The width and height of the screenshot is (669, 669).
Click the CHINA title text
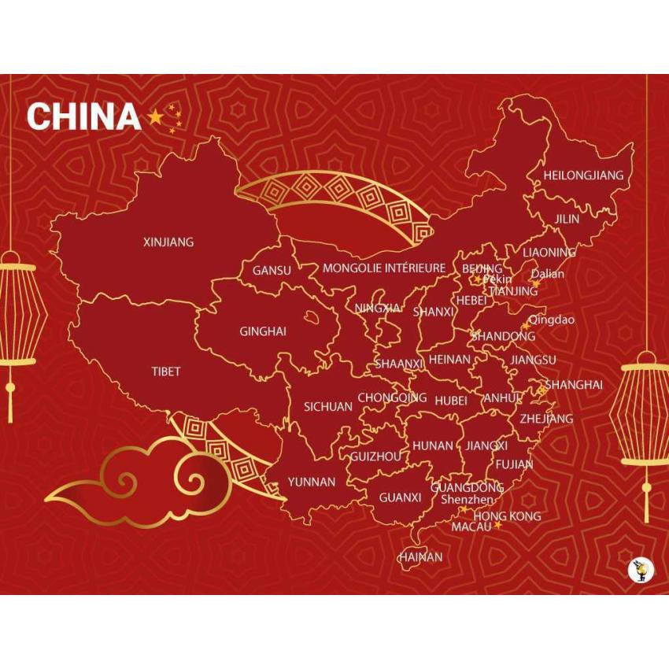pos(83,117)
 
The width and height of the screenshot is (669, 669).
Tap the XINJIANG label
pos(168,242)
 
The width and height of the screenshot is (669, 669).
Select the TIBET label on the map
pos(166,371)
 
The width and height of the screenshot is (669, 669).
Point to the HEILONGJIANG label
pos(583,176)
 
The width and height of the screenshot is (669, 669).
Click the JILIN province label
pos(567,219)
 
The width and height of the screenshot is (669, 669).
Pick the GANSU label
pos(272,271)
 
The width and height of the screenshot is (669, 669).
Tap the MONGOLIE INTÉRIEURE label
pos(384,268)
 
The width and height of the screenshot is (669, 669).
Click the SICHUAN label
pos(328,407)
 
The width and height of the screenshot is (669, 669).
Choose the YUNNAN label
pos(311,482)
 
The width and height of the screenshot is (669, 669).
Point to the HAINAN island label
pos(420,557)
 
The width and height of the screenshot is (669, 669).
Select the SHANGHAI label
pos(574,385)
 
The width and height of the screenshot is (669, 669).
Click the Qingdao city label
pos(551,320)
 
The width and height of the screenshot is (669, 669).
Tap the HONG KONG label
pos(508,516)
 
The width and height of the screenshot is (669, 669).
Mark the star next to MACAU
pos(497,525)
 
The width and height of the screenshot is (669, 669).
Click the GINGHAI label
pos(263,331)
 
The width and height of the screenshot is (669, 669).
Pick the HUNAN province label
pos(433,445)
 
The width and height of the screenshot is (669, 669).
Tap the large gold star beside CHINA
pos(155,117)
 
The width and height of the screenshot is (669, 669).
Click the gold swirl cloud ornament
pos(138,482)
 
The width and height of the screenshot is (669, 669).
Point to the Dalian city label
pos(548,275)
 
